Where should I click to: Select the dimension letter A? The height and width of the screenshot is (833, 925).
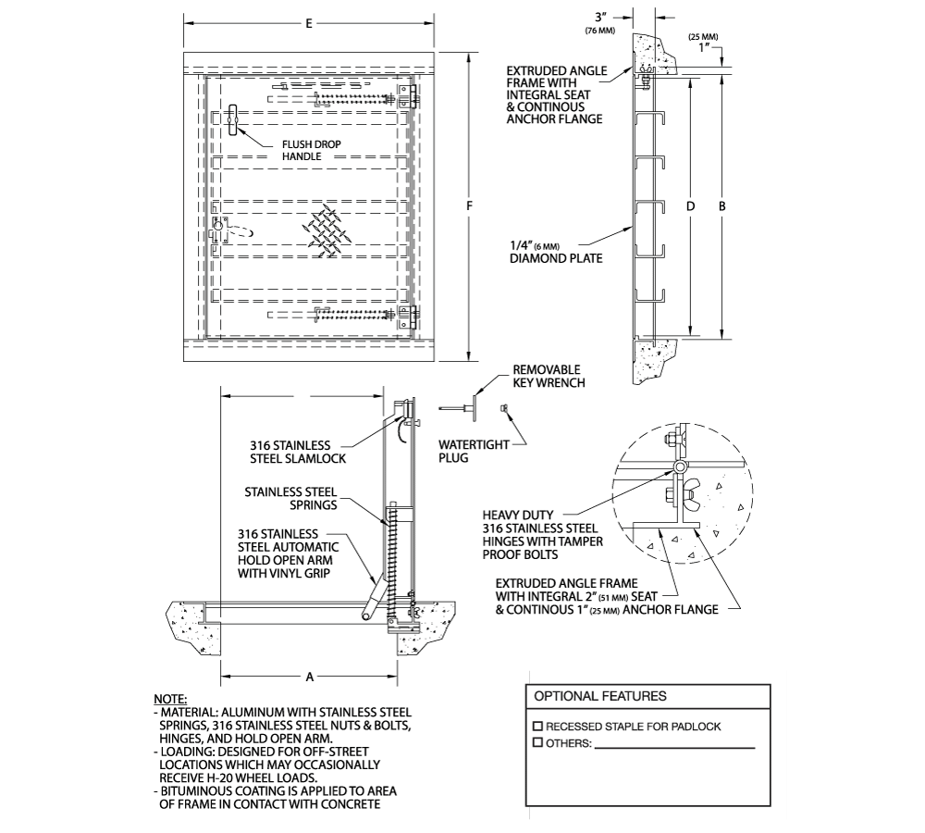(x=311, y=677)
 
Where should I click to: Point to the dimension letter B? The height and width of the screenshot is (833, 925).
(x=722, y=206)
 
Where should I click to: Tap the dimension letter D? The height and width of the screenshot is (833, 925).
(x=690, y=206)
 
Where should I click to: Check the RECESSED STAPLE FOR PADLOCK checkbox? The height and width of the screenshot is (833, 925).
(x=538, y=727)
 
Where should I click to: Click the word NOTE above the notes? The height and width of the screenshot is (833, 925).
(x=170, y=698)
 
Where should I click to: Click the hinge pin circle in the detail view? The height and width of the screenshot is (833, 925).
(x=680, y=467)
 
